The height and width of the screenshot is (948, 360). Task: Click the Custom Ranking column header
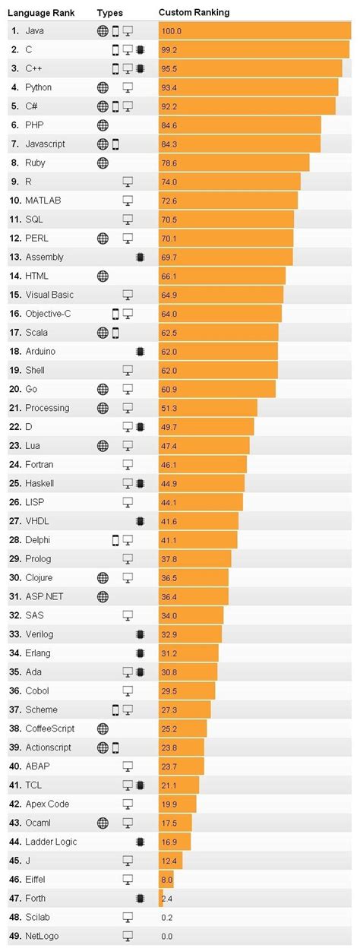click(194, 13)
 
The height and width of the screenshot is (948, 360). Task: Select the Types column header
click(109, 13)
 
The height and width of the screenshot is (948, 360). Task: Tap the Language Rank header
click(43, 13)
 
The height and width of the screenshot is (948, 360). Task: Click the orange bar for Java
click(254, 30)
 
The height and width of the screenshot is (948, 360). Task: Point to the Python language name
click(39, 87)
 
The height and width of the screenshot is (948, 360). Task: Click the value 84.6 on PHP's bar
click(170, 125)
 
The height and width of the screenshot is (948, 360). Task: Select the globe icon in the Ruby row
click(103, 163)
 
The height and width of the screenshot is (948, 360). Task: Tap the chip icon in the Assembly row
click(140, 257)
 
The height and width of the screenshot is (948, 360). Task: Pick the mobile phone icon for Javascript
click(115, 144)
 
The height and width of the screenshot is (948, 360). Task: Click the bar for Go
click(216, 389)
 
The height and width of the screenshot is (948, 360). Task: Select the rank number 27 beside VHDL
click(15, 521)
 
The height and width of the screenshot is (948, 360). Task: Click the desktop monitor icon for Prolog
click(128, 559)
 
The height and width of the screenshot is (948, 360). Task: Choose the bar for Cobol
click(187, 690)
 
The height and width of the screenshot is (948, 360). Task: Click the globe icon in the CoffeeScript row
click(103, 728)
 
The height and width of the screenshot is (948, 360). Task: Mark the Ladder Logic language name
click(51, 842)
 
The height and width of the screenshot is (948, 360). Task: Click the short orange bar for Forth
click(161, 898)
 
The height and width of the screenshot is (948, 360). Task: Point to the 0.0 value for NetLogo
click(167, 936)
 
